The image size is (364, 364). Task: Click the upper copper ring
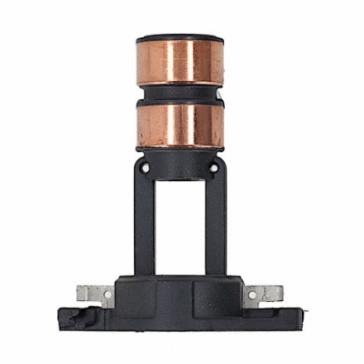pyautogui.click(x=180, y=62)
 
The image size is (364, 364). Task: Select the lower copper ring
pyautogui.click(x=180, y=126)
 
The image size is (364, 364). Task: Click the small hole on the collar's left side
pyautogui.click(x=147, y=168)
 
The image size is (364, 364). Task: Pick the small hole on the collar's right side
pyautogui.click(x=214, y=168)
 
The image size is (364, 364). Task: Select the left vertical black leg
pyautogui.click(x=144, y=223)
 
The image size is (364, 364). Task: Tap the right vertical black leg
pyautogui.click(x=216, y=223)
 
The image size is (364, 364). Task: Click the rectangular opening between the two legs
pyautogui.click(x=180, y=227)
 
